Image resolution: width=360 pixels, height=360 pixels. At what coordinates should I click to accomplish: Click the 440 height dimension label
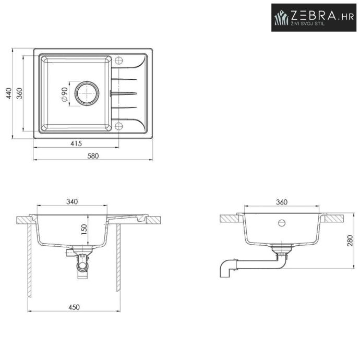[9, 93]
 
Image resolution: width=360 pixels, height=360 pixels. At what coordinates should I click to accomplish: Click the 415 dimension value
[76, 143]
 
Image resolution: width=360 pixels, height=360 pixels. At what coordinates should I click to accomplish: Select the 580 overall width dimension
[93, 156]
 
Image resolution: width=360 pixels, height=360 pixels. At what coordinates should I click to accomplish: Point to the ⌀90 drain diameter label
[64, 94]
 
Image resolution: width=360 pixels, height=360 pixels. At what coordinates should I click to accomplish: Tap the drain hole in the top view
[87, 93]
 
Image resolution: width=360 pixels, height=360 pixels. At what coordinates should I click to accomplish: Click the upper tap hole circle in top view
[119, 61]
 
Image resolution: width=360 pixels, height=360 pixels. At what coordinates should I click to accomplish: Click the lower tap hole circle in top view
[119, 126]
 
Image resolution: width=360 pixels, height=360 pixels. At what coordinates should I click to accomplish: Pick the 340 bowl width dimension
[72, 201]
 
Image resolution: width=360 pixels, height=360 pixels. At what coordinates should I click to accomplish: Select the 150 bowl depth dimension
[84, 230]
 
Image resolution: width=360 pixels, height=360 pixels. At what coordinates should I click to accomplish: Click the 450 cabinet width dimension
[74, 307]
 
